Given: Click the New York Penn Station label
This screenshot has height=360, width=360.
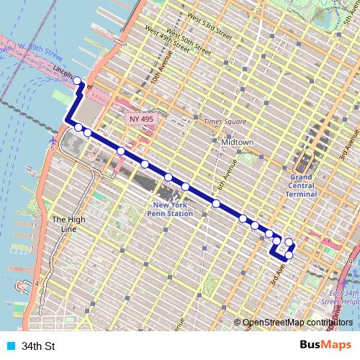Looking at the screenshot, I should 170,209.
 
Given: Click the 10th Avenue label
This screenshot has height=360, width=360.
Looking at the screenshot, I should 156,82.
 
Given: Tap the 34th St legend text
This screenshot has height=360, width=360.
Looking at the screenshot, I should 38,346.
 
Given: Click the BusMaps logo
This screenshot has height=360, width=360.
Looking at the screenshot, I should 326,346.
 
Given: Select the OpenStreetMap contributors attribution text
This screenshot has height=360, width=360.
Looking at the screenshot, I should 297,323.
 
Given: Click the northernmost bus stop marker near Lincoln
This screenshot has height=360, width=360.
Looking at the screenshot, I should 78,81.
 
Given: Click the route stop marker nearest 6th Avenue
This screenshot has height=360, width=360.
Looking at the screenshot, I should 216,204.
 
